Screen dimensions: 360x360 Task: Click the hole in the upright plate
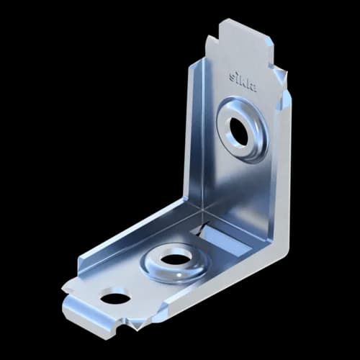239,130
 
